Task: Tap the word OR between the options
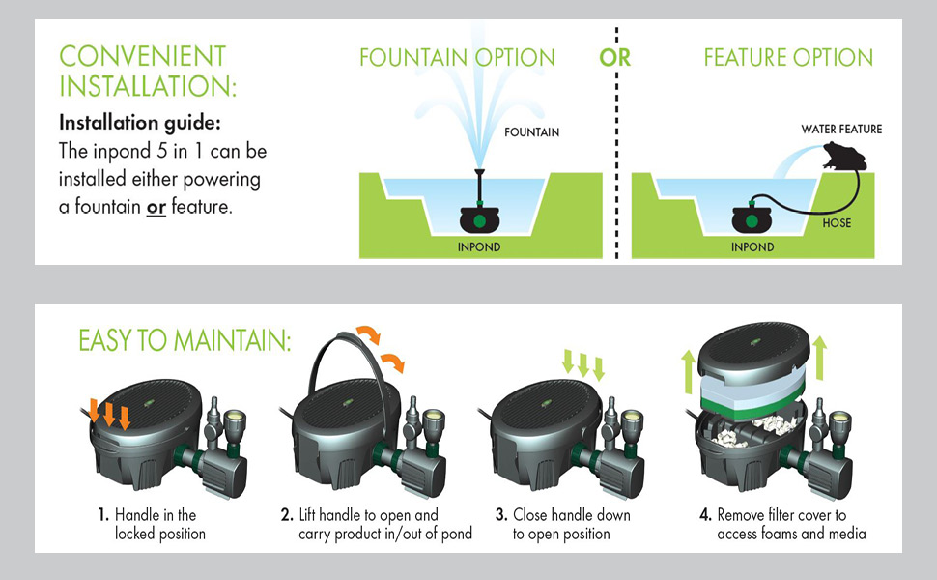[614, 57]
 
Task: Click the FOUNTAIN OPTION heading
[457, 57]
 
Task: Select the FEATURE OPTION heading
[788, 57]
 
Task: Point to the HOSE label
[837, 222]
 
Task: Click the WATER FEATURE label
[841, 129]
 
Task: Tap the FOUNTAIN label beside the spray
[531, 132]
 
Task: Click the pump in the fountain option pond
[481, 217]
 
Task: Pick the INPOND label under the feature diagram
[752, 246]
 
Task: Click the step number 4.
[705, 515]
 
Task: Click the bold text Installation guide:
[139, 124]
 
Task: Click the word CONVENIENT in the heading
[142, 55]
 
